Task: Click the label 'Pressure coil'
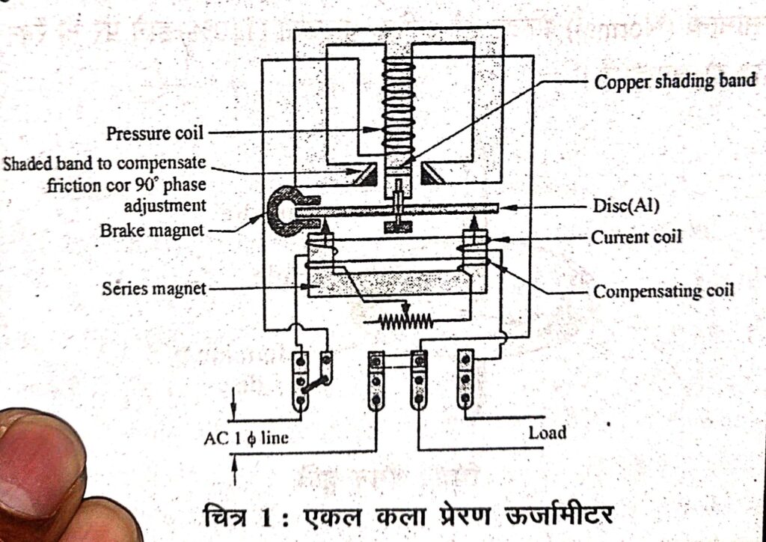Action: click(x=156, y=134)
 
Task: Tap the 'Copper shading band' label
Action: click(x=675, y=81)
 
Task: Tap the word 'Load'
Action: click(x=548, y=432)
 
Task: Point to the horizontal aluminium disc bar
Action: click(x=396, y=210)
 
